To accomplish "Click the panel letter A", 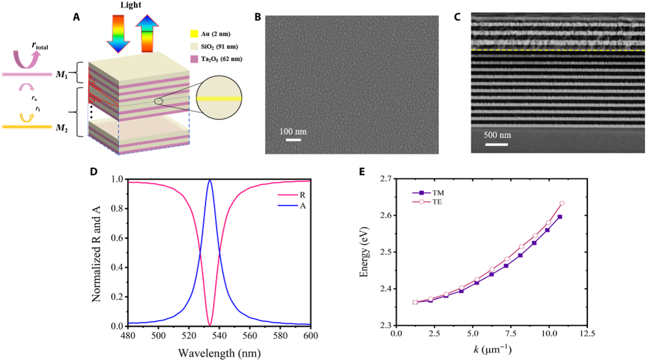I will click(x=76, y=18).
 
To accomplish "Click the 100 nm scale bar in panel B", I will click(x=293, y=139).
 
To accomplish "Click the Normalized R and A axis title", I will click(x=97, y=252).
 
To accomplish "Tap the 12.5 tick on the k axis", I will click(x=587, y=334).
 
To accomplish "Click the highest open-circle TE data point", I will click(x=562, y=203).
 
